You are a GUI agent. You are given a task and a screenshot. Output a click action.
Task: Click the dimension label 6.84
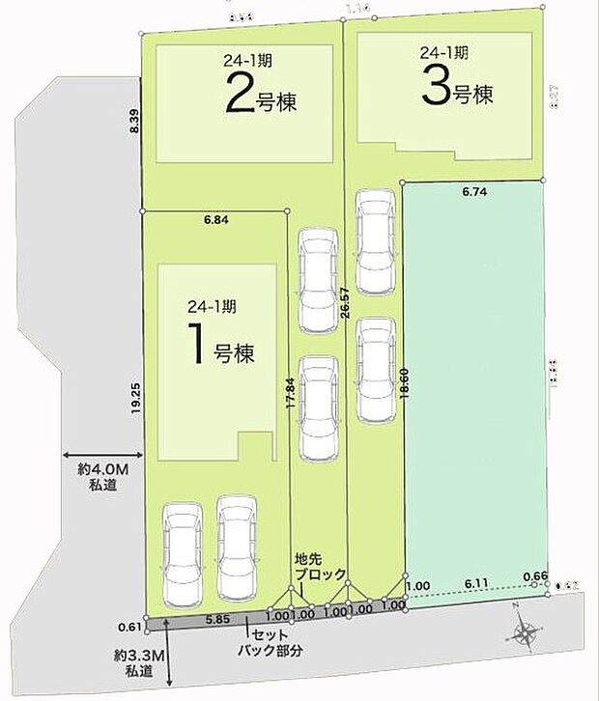[216, 220]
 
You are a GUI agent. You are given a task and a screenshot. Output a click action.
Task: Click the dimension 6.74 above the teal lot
[473, 192]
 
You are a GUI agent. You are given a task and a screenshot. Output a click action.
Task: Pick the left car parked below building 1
[184, 551]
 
